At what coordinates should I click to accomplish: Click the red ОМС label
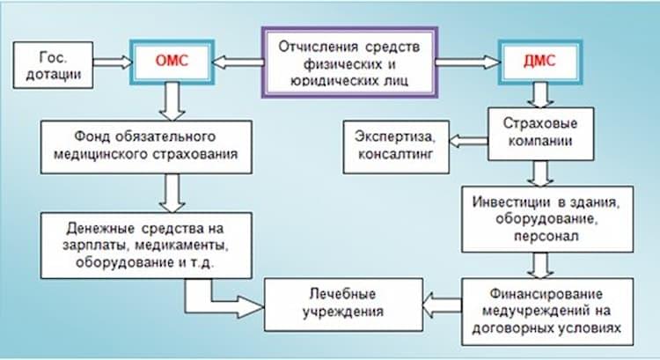[171, 61]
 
